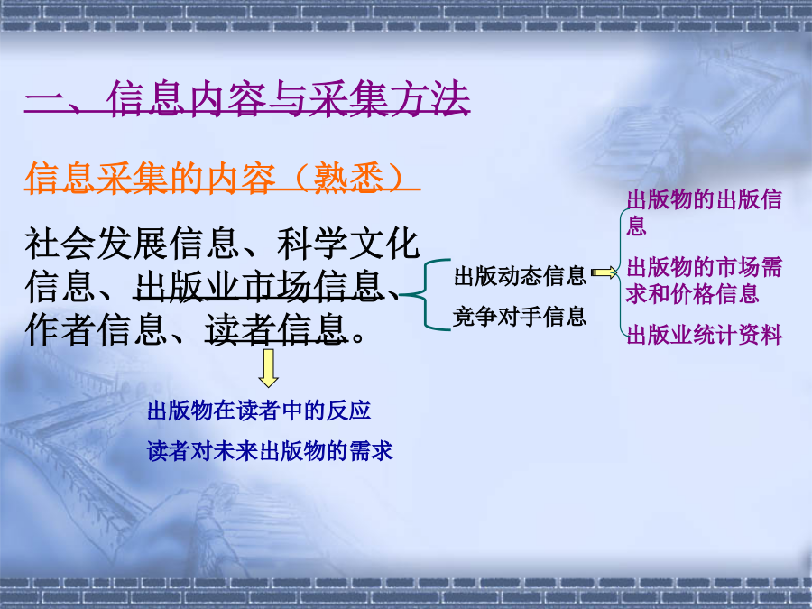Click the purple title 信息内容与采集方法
click(x=289, y=97)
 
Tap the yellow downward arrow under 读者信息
click(x=268, y=368)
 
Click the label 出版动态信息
click(x=520, y=275)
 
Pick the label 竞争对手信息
click(x=520, y=317)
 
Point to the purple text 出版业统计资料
click(x=705, y=335)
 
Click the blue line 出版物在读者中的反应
click(x=259, y=411)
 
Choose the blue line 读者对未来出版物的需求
click(x=270, y=451)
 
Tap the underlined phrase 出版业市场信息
click(x=258, y=286)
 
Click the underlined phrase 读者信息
click(x=276, y=329)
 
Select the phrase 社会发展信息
click(x=132, y=243)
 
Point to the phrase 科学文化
click(x=348, y=243)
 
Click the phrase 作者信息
click(x=96, y=329)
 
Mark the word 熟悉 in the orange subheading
click(x=348, y=178)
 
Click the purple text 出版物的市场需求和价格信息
click(x=704, y=281)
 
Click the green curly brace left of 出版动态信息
click(x=425, y=295)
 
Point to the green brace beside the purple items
click(x=621, y=272)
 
